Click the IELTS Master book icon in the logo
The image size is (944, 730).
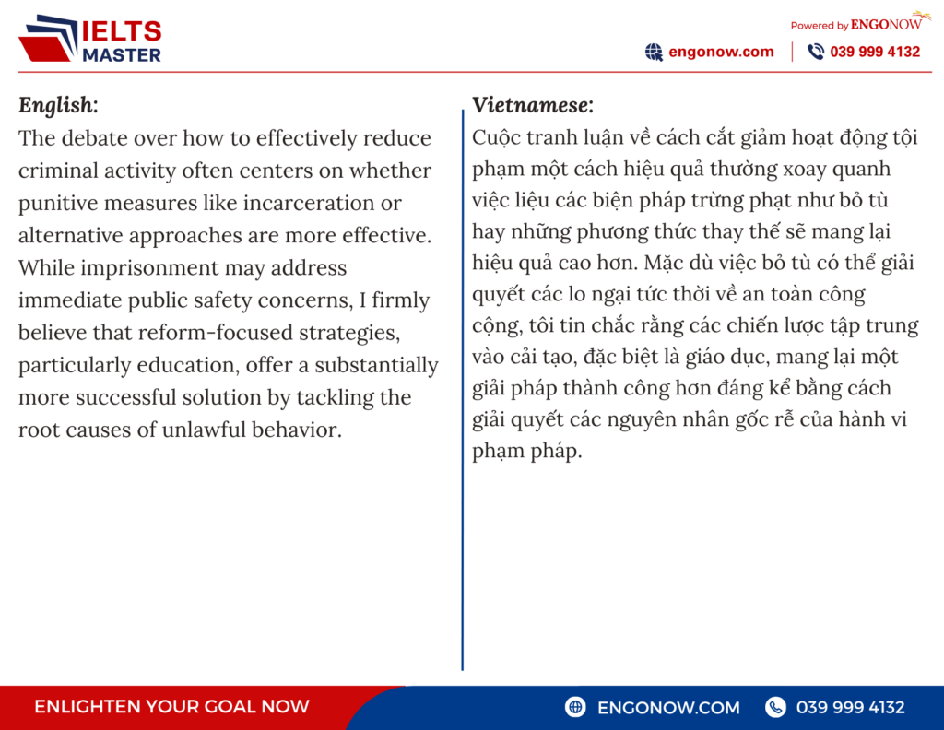(48, 38)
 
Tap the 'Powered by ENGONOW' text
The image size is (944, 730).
(855, 25)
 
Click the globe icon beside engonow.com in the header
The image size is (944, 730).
(654, 53)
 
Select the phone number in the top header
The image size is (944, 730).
(875, 52)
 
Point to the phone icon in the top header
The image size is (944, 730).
(816, 52)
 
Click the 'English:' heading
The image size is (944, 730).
(58, 105)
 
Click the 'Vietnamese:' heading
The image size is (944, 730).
(532, 105)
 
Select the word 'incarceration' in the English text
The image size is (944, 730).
(308, 204)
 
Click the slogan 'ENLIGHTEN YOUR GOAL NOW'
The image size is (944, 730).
(171, 707)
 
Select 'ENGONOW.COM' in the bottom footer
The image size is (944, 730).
(668, 708)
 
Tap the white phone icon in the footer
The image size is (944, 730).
(775, 707)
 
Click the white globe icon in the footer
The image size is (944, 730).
(575, 707)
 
